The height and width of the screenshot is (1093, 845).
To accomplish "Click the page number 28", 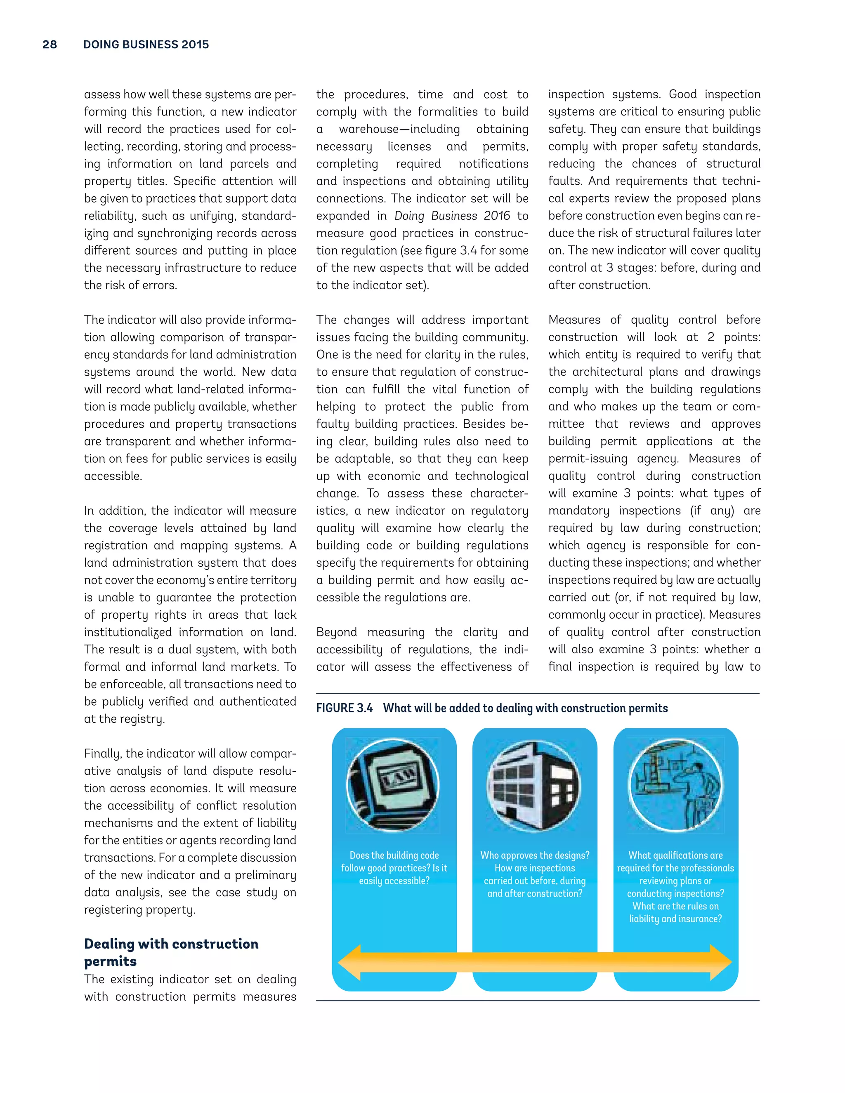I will coord(50,45).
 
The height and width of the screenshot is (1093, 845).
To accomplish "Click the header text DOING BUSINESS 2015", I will coord(146,45).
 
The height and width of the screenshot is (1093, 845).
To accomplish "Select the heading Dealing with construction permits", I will coord(171,952).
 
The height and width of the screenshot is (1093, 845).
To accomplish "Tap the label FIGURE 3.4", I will coord(345,708).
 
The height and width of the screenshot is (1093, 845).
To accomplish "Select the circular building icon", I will coord(534,786).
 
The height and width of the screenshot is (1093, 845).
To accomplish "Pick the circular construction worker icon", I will coord(675,786).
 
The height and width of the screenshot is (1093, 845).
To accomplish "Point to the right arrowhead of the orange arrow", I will coord(720,962).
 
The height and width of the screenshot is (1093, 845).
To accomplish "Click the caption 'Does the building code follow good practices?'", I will coord(394,862).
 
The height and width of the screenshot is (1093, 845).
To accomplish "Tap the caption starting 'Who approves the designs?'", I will coord(535,855).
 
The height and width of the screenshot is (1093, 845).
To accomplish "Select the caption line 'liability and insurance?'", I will coord(675,919).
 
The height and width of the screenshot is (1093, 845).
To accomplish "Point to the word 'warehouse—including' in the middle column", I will coord(399,129).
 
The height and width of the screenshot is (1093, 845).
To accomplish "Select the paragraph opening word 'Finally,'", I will coord(103,754).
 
